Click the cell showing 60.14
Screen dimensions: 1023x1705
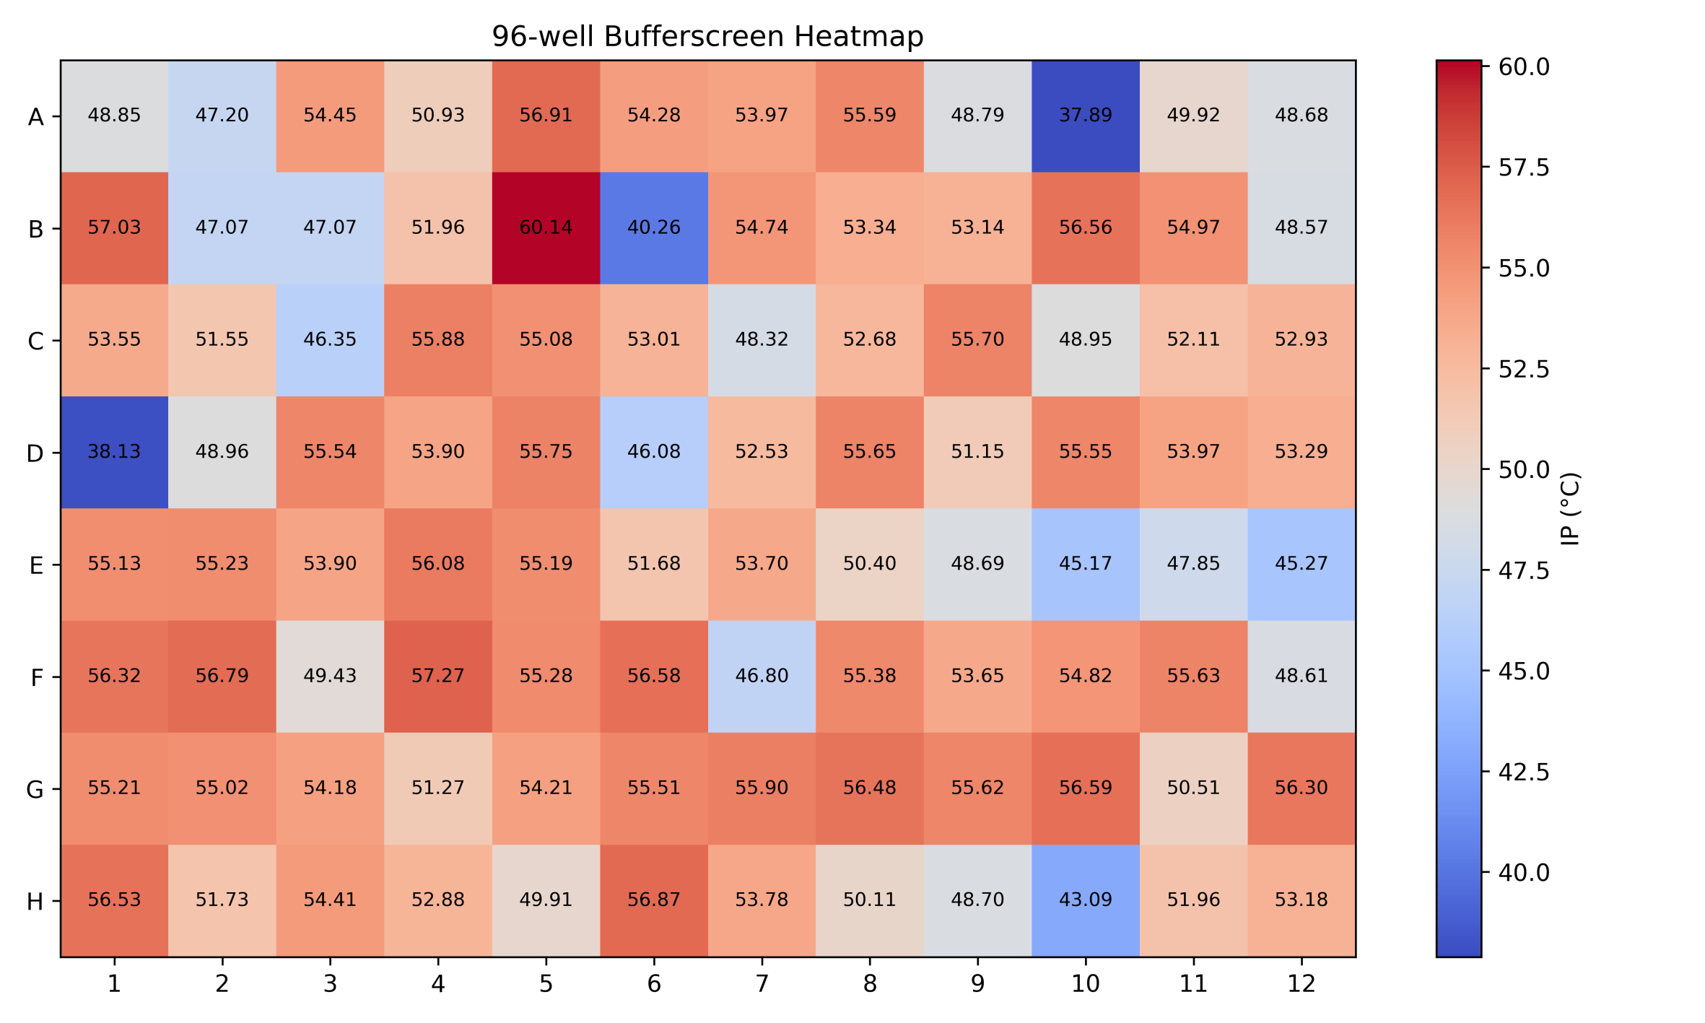click(x=546, y=227)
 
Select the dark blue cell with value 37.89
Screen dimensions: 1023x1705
click(x=1085, y=116)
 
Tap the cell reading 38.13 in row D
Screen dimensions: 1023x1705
click(x=114, y=452)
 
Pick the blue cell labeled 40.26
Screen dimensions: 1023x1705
click(x=653, y=227)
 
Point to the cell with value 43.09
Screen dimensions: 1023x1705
click(x=1085, y=900)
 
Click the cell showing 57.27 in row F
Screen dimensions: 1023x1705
click(x=438, y=676)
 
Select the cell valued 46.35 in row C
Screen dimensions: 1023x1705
click(x=330, y=339)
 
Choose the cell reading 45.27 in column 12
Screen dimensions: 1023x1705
click(x=1301, y=564)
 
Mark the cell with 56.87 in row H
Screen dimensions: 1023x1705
click(x=653, y=900)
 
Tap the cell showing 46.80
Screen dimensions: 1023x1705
click(x=762, y=676)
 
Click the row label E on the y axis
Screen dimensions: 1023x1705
click(x=36, y=565)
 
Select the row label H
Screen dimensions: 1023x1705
click(x=35, y=902)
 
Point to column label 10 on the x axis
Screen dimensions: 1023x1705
click(x=1085, y=984)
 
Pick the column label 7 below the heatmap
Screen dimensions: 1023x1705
click(x=762, y=984)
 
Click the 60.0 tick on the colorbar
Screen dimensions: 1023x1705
click(x=1523, y=67)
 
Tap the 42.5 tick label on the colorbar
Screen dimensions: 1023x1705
click(x=1523, y=772)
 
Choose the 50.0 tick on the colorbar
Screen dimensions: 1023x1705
click(x=1523, y=470)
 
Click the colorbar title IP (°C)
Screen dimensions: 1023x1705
click(x=1569, y=509)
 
